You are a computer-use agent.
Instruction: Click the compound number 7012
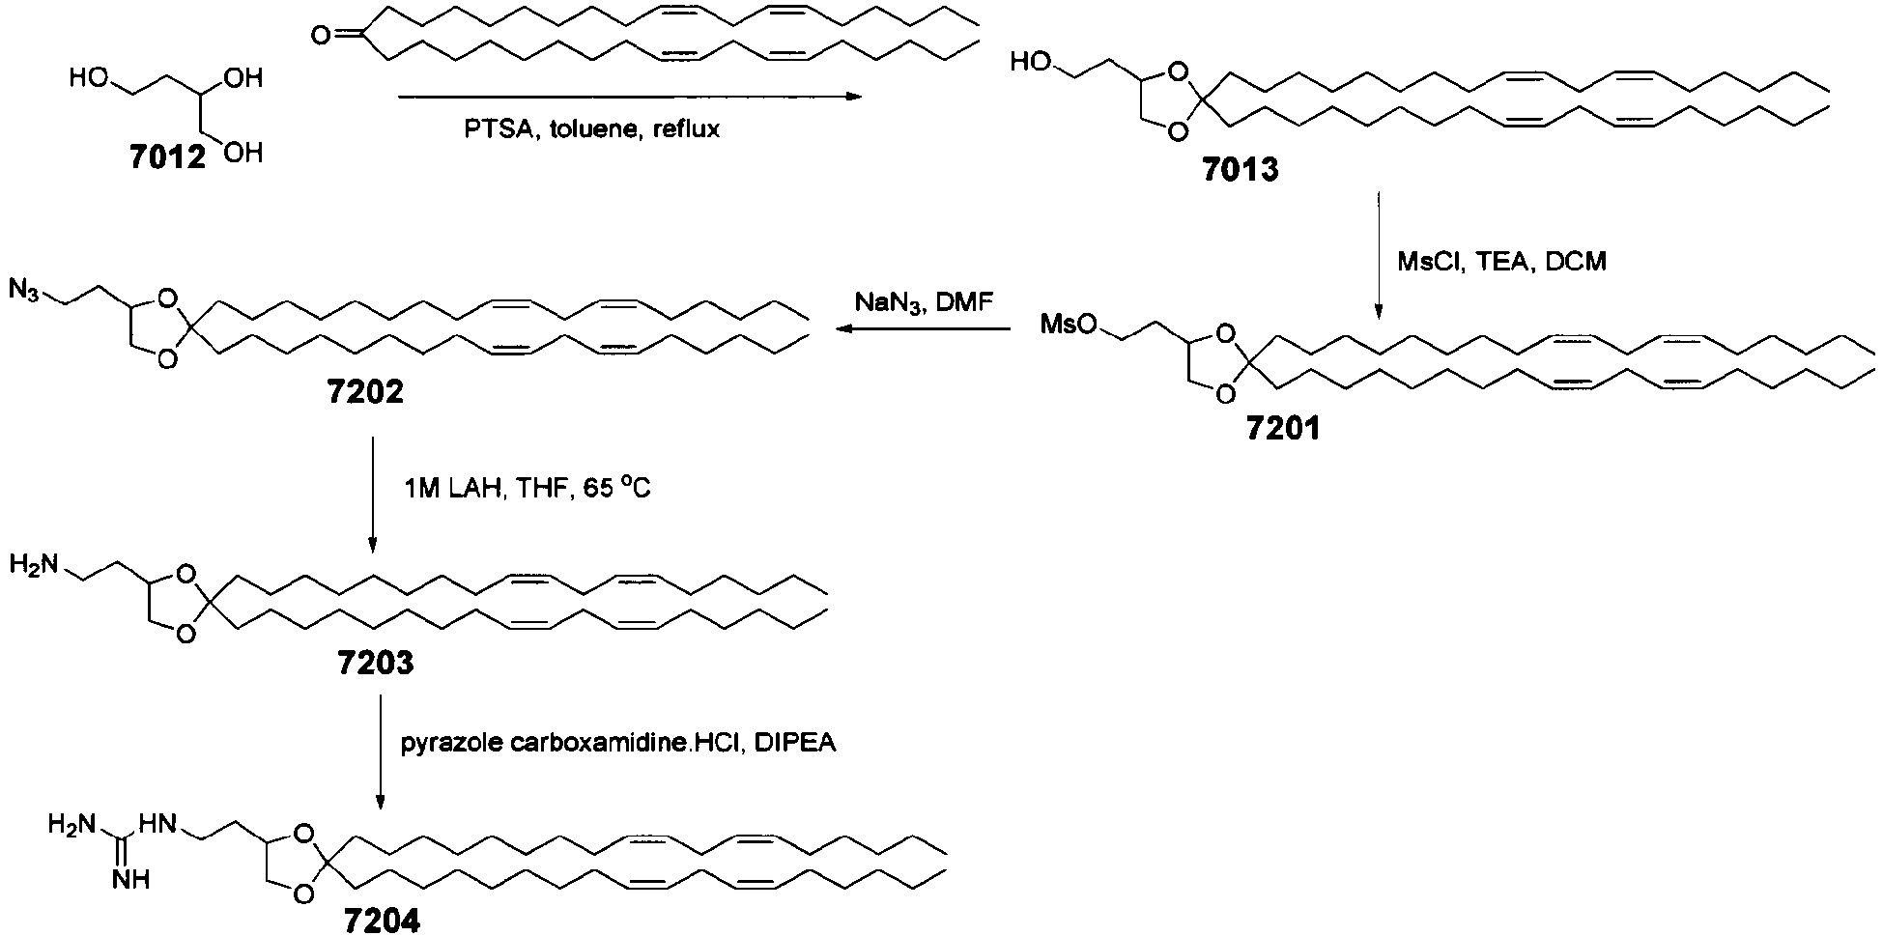point(168,157)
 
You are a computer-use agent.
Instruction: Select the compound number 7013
point(1240,169)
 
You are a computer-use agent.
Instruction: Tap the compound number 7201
point(1281,428)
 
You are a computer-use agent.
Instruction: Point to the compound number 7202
point(364,392)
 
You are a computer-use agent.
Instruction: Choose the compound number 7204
point(383,921)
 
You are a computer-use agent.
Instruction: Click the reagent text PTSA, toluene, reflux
point(591,129)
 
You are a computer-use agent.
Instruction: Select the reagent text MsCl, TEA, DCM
point(1501,261)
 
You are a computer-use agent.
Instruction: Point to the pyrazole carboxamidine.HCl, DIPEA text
point(618,744)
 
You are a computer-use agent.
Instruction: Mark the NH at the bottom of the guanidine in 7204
point(129,879)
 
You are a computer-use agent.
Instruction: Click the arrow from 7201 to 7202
point(924,329)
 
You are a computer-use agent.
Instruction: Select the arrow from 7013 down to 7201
point(1379,256)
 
